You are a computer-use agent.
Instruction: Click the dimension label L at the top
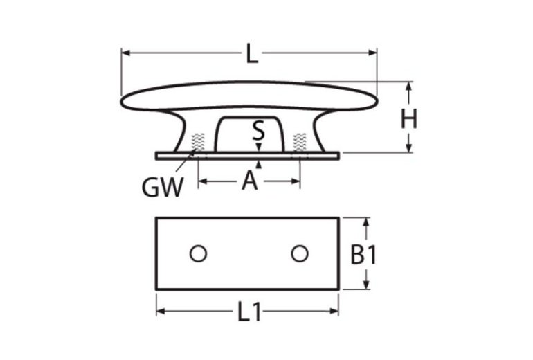251,53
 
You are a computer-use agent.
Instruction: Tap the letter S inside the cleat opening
258,129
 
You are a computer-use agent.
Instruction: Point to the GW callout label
163,186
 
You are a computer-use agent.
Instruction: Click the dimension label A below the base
250,181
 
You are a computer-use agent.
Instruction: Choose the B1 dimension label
363,255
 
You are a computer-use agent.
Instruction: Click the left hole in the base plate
198,254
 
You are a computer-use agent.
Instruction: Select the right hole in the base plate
299,254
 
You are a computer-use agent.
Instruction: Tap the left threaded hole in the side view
199,141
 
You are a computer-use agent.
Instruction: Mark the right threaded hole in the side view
300,141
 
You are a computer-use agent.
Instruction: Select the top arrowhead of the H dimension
409,86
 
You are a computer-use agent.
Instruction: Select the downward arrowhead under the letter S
258,147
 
